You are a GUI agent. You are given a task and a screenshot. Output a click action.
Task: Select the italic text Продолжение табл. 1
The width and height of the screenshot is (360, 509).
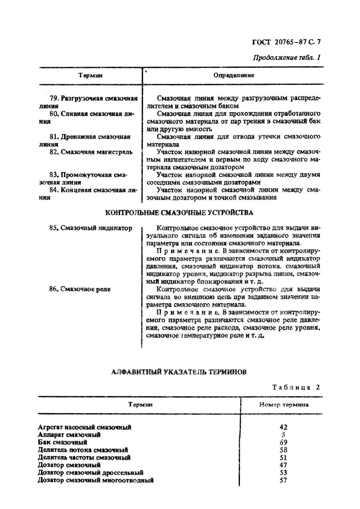coord(287,57)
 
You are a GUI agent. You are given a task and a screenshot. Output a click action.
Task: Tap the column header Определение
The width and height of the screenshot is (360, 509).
coord(234,75)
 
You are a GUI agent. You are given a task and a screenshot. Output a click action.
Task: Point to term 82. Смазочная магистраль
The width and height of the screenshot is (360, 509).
coord(91,152)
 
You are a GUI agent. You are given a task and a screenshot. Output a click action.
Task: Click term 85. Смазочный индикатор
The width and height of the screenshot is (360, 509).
coord(90,228)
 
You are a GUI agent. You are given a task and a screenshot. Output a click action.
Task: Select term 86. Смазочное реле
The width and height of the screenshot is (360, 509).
coord(79,289)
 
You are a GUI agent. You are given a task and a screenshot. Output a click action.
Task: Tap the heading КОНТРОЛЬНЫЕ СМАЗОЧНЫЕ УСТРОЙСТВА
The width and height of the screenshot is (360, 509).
coord(179,213)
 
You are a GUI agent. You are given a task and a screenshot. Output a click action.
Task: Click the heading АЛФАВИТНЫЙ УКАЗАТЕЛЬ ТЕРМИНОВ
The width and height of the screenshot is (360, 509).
coord(179,372)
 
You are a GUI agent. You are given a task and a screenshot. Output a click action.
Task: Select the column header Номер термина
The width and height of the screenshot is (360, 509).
coord(284,405)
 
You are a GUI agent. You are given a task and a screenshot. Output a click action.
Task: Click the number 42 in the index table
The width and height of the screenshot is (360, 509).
coord(283,427)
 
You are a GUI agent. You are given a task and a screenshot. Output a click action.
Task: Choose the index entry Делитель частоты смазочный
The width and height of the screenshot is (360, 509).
coord(84,457)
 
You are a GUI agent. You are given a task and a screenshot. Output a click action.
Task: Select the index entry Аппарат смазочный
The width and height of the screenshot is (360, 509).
coord(69,435)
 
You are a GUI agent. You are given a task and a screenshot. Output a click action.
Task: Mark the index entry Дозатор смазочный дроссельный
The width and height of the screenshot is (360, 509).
coord(90,473)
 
